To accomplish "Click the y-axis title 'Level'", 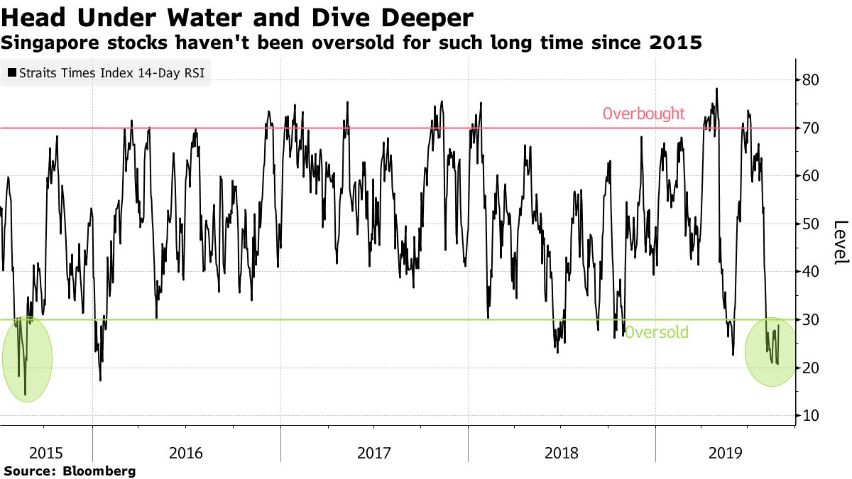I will [x=840, y=241].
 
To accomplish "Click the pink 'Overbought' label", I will [x=643, y=114].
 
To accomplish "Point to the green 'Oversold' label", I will [x=656, y=332].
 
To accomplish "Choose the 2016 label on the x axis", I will [x=185, y=452].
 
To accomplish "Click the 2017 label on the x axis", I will [x=373, y=452].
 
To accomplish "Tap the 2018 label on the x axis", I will [x=561, y=452].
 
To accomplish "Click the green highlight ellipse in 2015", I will [x=27, y=359].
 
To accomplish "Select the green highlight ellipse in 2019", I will [x=772, y=352].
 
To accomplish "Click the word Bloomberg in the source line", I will [x=99, y=470].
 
